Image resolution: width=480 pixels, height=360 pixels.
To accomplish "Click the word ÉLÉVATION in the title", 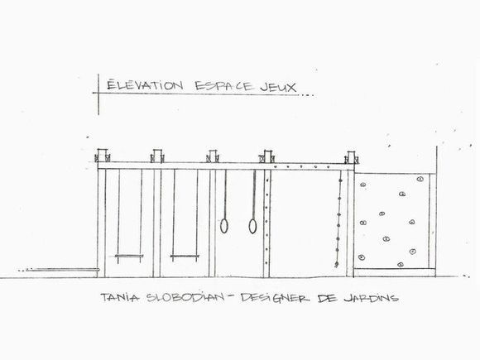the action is [145, 84].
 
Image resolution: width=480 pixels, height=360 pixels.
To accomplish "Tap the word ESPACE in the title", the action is [224, 86].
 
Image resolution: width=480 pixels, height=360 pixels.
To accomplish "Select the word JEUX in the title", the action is [278, 88].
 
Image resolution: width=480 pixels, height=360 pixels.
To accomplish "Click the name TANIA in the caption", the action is [120, 297].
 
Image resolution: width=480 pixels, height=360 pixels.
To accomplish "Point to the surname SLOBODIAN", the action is [185, 298].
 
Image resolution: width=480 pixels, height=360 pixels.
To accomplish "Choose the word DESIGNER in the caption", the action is [275, 298].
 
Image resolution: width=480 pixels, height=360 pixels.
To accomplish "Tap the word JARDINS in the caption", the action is [372, 298].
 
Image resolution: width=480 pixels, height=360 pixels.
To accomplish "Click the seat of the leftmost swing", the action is [129, 256].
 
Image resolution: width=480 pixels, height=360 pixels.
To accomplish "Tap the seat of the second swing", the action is [185, 257].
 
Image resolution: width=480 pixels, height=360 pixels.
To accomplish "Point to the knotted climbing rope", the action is [338, 218].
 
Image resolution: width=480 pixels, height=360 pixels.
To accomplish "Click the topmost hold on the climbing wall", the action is [420, 179].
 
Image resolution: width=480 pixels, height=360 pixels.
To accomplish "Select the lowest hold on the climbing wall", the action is [400, 265].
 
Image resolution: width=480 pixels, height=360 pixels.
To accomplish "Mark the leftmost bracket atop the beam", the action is [103, 156].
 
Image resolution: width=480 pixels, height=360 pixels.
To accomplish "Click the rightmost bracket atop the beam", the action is [351, 157].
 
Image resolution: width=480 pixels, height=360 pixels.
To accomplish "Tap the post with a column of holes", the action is [267, 223].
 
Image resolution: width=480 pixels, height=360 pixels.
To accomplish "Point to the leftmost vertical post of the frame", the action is [101, 223].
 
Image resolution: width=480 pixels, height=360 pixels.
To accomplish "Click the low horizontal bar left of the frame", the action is [62, 270].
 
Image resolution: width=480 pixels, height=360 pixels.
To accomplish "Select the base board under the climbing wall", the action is [395, 272].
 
